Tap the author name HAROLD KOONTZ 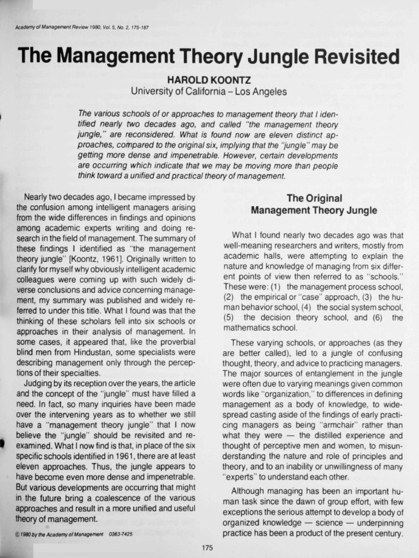pos(209,80)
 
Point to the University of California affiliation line pos(209,92)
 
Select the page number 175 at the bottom pos(207,547)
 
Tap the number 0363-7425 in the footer pos(121,534)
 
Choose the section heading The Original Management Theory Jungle pos(314,204)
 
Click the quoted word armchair pos(328,425)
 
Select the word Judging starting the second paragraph pos(40,383)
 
